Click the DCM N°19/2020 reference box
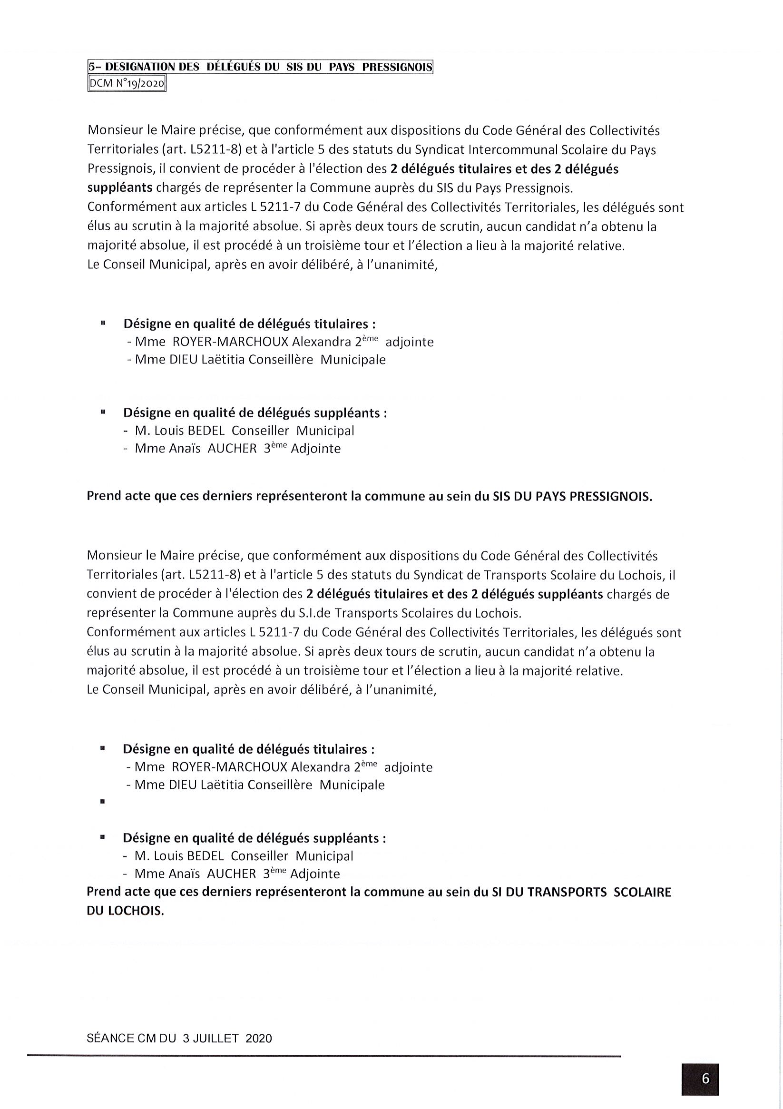click(127, 85)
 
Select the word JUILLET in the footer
click(217, 1038)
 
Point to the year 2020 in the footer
click(258, 1038)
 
